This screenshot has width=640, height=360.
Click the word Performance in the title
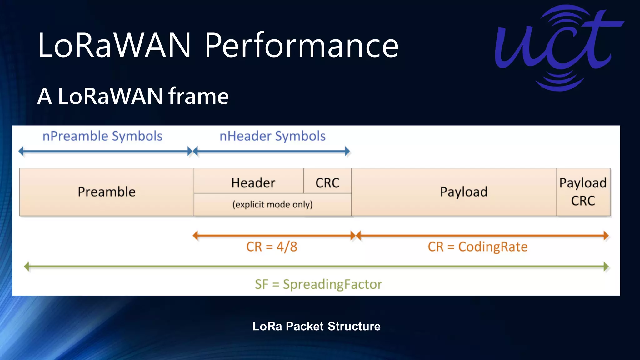[302, 46]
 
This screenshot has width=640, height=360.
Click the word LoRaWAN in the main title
[114, 46]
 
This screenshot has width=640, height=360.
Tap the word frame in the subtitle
[199, 96]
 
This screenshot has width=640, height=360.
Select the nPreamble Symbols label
[102, 136]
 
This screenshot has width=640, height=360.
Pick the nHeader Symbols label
[272, 136]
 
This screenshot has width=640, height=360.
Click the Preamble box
[107, 192]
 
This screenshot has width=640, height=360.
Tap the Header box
[253, 182]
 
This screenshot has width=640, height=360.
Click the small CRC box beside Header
[327, 182]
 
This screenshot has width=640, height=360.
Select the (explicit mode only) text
[272, 204]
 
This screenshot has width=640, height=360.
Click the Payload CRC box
[583, 192]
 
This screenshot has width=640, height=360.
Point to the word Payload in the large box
[464, 192]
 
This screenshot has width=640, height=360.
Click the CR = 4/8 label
[272, 247]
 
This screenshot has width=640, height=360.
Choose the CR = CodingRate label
[477, 247]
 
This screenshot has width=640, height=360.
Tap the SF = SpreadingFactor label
[318, 284]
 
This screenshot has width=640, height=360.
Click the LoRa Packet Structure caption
[316, 326]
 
